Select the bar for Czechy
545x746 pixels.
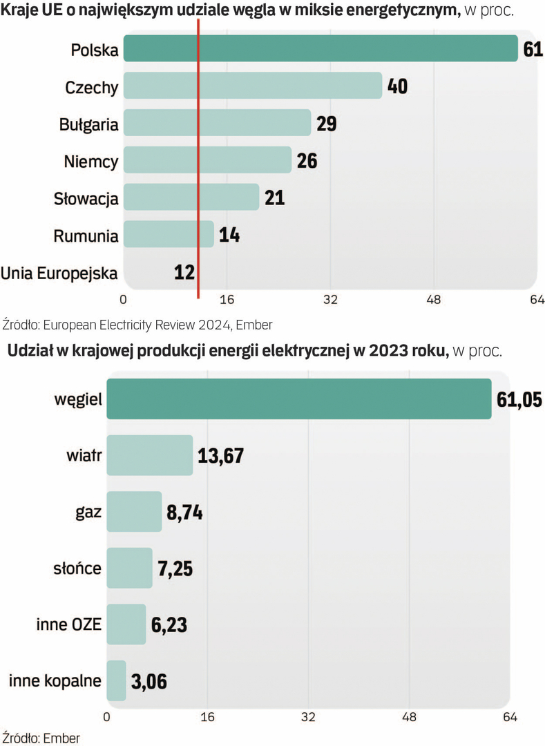[252, 86]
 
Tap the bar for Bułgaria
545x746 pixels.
[217, 123]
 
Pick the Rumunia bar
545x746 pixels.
[169, 234]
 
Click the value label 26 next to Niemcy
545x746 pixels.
[307, 161]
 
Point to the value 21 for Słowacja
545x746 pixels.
[274, 198]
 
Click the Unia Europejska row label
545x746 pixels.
[59, 272]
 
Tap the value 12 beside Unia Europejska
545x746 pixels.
[184, 272]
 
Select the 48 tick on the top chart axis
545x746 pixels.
[434, 300]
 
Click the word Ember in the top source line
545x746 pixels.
[256, 324]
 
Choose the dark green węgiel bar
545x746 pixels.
[299, 399]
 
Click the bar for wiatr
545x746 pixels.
[150, 455]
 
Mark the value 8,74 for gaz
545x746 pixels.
[185, 513]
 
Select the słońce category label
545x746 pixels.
[77, 568]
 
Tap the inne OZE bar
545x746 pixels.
[126, 624]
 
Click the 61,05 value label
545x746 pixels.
[519, 399]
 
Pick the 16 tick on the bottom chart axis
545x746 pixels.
[208, 717]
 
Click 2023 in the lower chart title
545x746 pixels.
[389, 350]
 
